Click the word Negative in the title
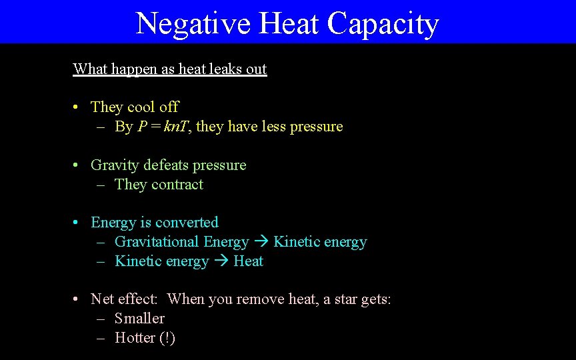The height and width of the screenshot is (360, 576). [193, 23]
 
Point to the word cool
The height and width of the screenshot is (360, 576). [141, 107]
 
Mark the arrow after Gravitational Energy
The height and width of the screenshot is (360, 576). [261, 242]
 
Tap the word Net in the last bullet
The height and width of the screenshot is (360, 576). [102, 299]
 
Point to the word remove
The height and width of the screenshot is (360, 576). [260, 299]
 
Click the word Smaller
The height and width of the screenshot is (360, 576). [139, 319]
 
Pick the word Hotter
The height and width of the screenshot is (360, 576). [135, 338]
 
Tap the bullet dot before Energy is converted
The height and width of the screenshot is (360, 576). [77, 223]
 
